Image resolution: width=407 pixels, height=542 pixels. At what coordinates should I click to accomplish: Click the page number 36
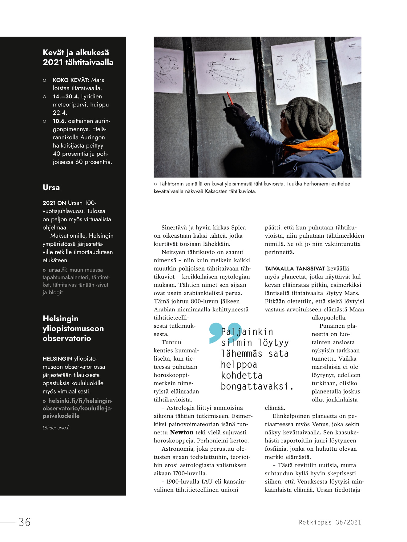24,522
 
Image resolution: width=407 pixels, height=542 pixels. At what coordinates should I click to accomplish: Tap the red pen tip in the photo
228,93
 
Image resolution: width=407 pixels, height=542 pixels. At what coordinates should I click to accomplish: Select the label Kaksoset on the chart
235,59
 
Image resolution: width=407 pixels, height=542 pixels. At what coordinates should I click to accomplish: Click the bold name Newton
182,432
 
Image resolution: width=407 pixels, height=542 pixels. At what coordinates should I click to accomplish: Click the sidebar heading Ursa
51,188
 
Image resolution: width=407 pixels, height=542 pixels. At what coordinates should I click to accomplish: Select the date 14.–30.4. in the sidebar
66,97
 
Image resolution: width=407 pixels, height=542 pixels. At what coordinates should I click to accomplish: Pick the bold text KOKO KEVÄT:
71,80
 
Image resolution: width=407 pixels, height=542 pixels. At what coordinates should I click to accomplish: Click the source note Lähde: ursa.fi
56,428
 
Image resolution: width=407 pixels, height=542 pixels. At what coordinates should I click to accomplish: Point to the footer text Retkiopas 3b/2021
330,522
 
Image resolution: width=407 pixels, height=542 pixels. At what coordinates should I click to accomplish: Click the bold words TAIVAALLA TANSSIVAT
295,269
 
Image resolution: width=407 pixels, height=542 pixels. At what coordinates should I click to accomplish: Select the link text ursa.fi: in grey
58,270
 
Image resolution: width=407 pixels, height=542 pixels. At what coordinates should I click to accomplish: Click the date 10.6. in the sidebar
59,121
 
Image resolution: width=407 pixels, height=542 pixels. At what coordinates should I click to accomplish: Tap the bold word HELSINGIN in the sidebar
57,359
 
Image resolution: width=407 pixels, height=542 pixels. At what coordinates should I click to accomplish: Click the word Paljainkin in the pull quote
247,332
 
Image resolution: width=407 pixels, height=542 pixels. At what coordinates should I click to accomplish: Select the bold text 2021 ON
54,203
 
